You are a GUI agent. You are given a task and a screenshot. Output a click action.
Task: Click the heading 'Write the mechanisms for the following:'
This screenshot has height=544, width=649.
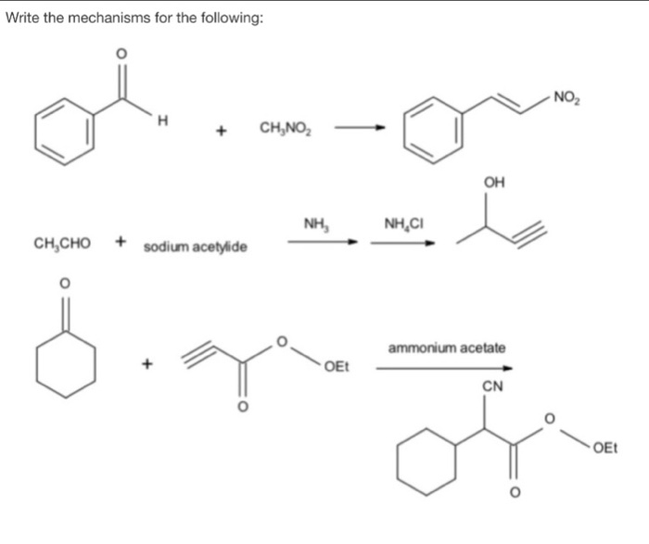134,18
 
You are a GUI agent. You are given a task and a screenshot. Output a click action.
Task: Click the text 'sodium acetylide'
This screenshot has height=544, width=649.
195,247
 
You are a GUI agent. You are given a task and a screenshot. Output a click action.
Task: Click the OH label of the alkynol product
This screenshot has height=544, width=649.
494,183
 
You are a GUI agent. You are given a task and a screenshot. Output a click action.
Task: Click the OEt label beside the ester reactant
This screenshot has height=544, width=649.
337,371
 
